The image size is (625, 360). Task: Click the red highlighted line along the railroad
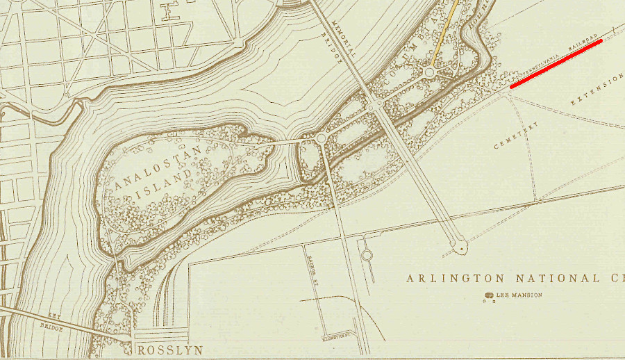(x=556, y=63)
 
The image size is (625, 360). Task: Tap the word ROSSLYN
(x=165, y=350)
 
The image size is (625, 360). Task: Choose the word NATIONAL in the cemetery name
(x=532, y=279)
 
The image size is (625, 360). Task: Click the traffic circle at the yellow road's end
(x=429, y=72)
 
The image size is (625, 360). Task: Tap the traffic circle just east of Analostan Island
(x=321, y=140)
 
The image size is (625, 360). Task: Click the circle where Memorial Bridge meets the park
(x=374, y=107)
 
